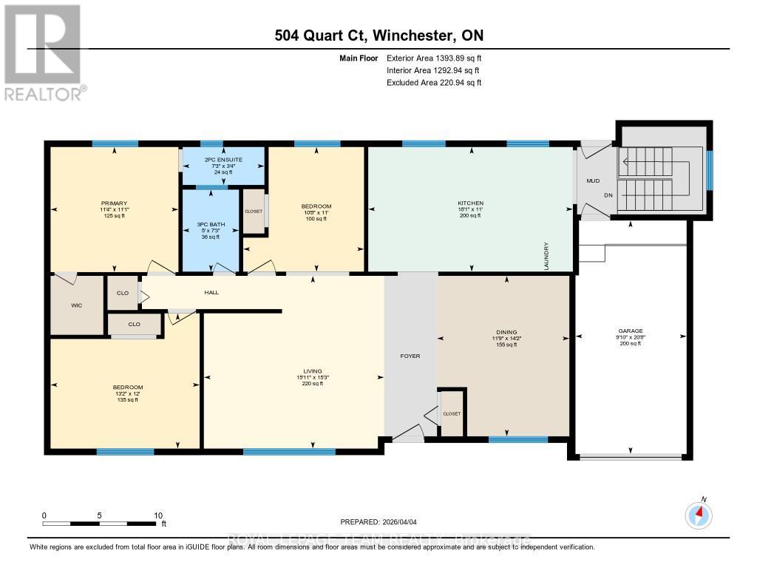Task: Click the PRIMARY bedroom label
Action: click(x=115, y=203)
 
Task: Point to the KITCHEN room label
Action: click(x=470, y=203)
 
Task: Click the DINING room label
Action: click(x=506, y=332)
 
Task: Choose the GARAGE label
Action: click(x=631, y=331)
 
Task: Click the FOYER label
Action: click(x=410, y=356)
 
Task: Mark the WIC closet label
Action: click(x=76, y=305)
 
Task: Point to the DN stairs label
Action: click(x=608, y=196)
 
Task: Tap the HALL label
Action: click(x=211, y=293)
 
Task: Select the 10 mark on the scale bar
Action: click(x=157, y=515)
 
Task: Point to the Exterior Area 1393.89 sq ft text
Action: click(x=434, y=58)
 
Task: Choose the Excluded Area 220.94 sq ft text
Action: click(x=434, y=83)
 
